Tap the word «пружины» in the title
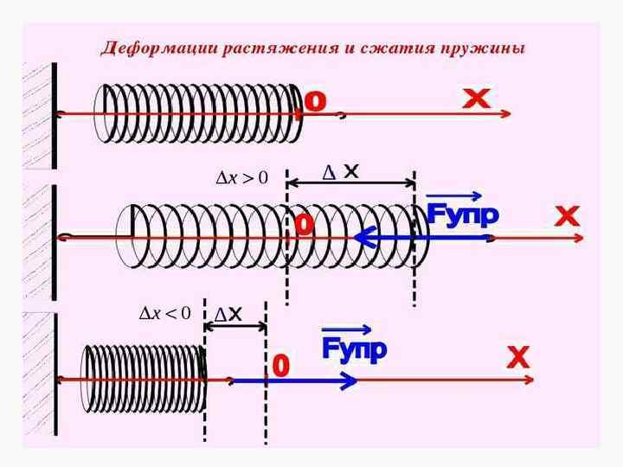coord(489,47)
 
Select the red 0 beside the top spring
coord(315,101)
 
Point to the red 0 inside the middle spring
coord(304,225)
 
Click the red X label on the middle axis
coord(566,215)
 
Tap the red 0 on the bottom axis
coord(279,366)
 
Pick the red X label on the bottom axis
coord(517,357)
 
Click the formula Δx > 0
coord(241,178)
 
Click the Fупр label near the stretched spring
coord(462,214)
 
